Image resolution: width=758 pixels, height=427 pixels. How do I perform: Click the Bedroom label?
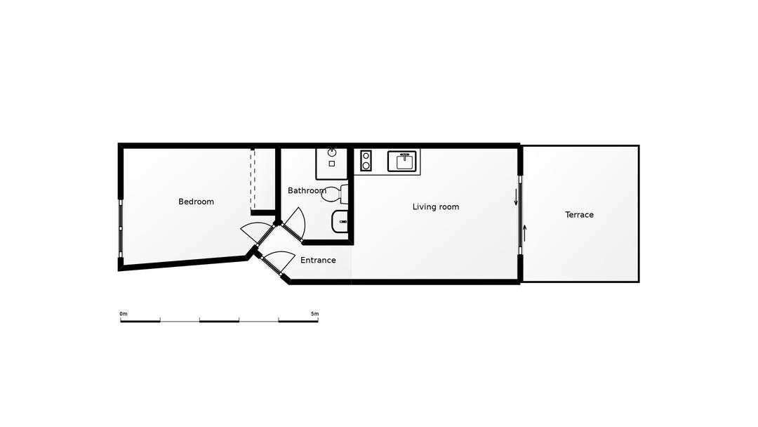(x=196, y=202)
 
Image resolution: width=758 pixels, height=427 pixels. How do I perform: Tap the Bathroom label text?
(x=307, y=190)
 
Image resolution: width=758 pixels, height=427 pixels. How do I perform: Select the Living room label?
(x=435, y=206)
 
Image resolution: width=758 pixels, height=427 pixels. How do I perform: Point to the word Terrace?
(x=579, y=215)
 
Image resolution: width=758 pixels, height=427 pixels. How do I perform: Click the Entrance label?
(x=318, y=260)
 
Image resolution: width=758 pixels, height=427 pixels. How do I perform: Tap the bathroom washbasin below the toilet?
(x=340, y=221)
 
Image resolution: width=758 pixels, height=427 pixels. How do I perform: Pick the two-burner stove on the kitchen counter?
(x=366, y=161)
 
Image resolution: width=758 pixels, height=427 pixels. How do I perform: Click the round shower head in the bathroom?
(x=332, y=152)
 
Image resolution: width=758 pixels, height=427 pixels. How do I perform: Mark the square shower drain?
(x=332, y=164)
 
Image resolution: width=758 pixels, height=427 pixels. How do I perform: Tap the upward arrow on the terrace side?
(x=524, y=232)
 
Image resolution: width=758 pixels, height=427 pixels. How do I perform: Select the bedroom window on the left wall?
(x=121, y=229)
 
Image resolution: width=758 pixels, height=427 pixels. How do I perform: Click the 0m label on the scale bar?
(x=124, y=314)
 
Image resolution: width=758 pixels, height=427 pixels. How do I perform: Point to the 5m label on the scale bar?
(x=314, y=314)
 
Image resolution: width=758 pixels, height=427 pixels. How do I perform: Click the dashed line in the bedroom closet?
(x=251, y=179)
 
